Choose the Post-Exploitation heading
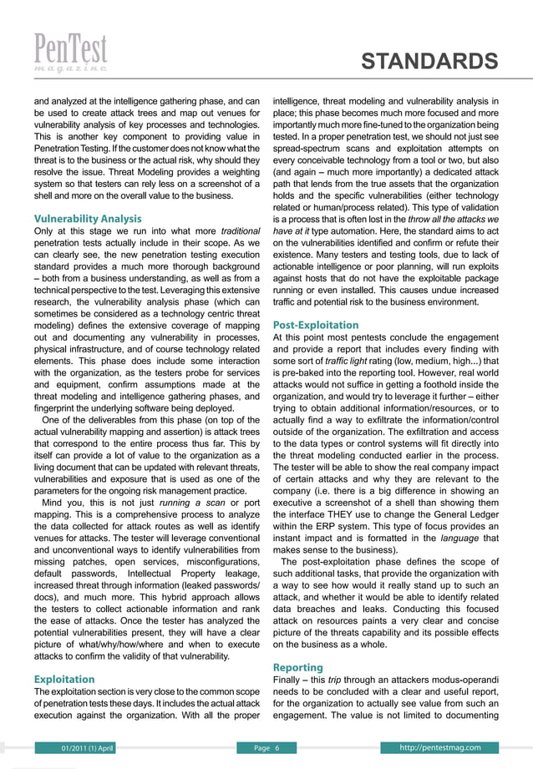[316, 325]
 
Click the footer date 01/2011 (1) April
[82, 746]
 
